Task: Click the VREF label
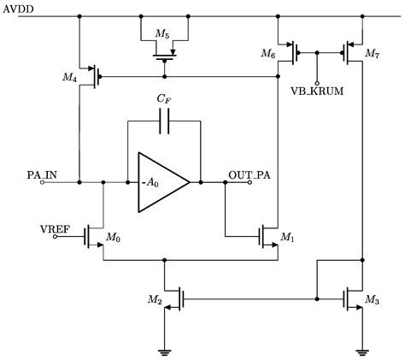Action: pos(55,229)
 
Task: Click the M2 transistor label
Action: pos(154,299)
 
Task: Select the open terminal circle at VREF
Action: pos(56,239)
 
